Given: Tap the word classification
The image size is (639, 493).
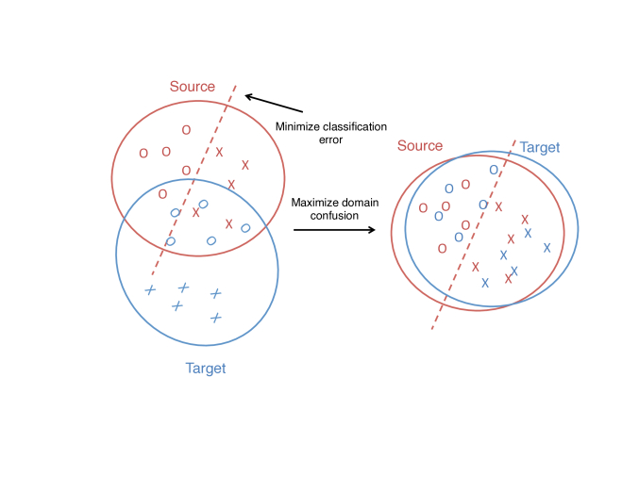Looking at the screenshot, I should tap(356, 126).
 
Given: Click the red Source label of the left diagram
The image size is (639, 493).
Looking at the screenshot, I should tap(193, 87).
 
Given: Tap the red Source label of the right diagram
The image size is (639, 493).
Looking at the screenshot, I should tap(420, 146).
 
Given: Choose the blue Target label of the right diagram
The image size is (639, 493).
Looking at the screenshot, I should tap(539, 148).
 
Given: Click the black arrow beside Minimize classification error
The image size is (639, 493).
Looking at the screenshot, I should tap(273, 103).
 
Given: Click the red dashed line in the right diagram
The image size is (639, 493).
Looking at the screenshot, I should tap(472, 236).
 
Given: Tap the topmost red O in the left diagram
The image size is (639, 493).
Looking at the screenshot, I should tap(186, 130).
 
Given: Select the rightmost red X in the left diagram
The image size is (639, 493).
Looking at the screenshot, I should tap(245, 165).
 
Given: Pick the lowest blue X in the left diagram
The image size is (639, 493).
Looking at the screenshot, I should tap(215, 317).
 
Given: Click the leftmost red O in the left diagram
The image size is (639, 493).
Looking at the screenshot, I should tap(143, 153).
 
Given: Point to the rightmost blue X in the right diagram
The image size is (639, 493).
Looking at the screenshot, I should tap(547, 248).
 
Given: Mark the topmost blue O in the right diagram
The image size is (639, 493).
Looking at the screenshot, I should tap(493, 171).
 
